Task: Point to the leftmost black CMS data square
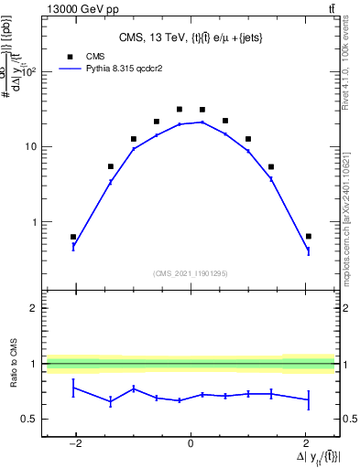point(73,237)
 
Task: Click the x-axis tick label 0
point(191,443)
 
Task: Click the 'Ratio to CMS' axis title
point(15,364)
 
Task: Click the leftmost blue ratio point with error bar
point(73,388)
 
